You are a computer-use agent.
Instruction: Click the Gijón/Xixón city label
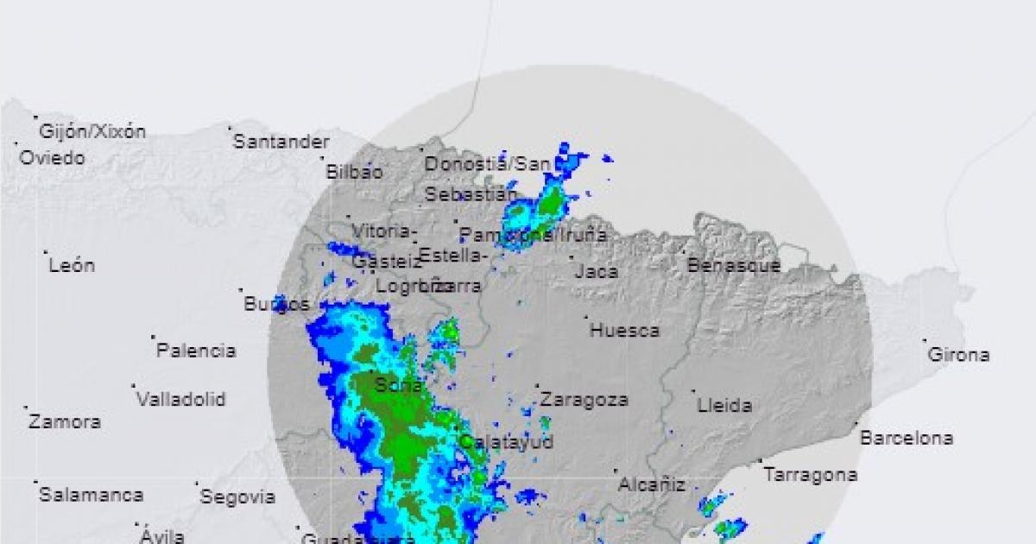coord(92,132)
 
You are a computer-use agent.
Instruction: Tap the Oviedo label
coord(53,158)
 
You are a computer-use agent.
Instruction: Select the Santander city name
coord(281,142)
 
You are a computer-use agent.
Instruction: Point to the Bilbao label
coord(354,172)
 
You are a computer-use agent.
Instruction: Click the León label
coord(72,266)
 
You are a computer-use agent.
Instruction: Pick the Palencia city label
coord(196,351)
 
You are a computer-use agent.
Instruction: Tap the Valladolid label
coord(181,400)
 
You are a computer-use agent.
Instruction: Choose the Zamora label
coord(65,422)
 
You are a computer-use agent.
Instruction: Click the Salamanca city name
coord(91,496)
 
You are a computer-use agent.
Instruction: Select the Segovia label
coord(237,497)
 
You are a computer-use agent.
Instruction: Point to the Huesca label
coord(625,330)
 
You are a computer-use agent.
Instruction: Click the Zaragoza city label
coord(584,400)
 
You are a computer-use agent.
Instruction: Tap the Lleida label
coord(724,405)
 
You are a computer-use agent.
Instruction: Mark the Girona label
coord(958,355)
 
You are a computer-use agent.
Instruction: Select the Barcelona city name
coord(906,439)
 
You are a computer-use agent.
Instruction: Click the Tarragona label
coord(811,475)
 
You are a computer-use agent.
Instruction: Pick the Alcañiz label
coord(652,485)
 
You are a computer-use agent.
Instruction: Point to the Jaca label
coord(597,272)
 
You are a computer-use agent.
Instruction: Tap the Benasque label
coord(734,266)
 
